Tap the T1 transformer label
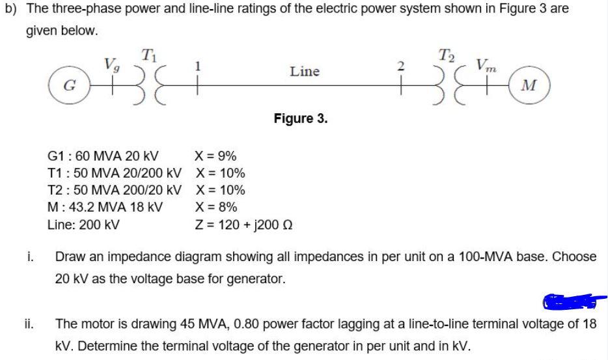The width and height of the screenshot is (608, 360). [148, 53]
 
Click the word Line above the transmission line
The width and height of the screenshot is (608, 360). [304, 71]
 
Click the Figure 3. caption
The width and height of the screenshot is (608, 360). [301, 118]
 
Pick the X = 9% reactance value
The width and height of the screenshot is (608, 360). [215, 156]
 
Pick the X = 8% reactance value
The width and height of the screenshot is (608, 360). [215, 208]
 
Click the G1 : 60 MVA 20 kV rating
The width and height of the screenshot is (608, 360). [104, 156]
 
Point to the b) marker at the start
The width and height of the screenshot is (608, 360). [10, 8]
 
